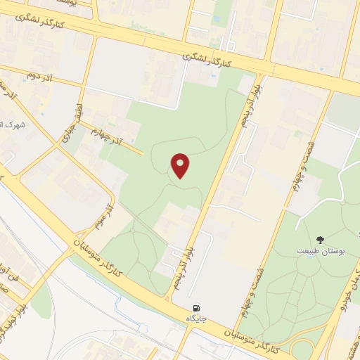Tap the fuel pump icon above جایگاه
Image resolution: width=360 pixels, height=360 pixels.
pos(195,308)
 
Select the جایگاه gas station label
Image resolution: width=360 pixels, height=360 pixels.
pos(195,319)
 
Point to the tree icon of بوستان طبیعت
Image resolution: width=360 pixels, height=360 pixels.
pos(321,240)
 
